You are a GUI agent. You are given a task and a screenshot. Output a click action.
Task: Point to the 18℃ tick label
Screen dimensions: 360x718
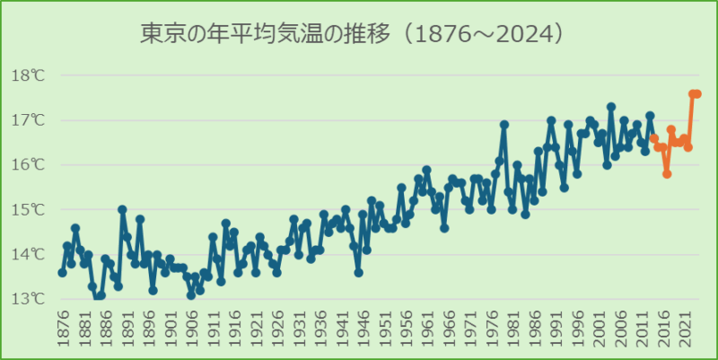(28, 75)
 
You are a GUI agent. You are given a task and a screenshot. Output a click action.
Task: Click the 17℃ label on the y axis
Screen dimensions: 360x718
(28, 120)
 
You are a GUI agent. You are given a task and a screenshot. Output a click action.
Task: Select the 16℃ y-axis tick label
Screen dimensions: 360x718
(28, 165)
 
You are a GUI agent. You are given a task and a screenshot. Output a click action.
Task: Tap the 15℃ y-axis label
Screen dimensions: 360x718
(28, 210)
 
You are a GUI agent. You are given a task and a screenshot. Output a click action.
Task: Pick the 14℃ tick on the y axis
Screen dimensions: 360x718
(28, 255)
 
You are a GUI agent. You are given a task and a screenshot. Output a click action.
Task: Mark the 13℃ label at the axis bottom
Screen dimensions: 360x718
(28, 299)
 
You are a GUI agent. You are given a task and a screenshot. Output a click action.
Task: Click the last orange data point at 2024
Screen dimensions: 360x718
(697, 93)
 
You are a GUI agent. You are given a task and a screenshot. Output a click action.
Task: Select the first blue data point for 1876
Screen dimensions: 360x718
(62, 272)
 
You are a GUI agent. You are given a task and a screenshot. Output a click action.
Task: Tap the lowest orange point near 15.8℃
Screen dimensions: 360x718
(667, 174)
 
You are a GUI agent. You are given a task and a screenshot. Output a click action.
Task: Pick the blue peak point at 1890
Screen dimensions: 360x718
(122, 209)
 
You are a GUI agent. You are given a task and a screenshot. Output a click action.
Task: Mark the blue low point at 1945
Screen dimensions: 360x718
(358, 272)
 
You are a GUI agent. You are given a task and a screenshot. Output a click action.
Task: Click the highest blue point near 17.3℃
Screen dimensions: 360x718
(611, 107)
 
